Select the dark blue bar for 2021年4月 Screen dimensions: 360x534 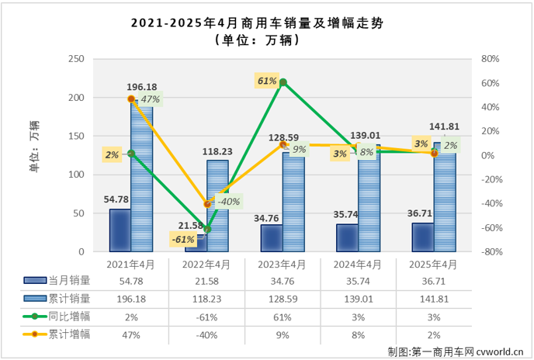[120, 230]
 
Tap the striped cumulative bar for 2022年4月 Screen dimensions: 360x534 [217, 206]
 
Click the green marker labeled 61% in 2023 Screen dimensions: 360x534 [283, 82]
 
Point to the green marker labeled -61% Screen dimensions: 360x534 [206, 230]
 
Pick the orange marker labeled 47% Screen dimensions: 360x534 [131, 99]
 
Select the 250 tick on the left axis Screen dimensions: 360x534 [76, 59]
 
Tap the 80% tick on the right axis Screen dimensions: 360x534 [490, 59]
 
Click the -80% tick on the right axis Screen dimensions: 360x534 [490, 252]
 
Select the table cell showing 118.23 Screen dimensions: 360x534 [206, 299]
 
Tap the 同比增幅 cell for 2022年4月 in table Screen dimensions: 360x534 [206, 317]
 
